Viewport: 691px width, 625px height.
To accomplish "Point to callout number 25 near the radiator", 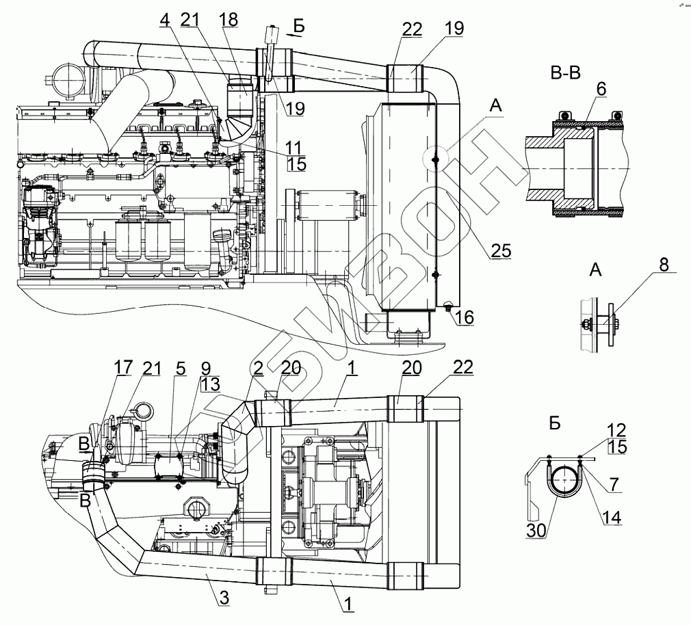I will coord(501,252).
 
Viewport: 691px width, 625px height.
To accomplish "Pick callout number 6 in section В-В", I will coord(601,90).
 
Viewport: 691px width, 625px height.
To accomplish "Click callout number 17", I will coord(123,368).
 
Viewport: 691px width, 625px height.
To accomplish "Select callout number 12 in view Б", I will coord(615,431).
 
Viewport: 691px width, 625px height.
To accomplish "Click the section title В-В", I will coord(565,73).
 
